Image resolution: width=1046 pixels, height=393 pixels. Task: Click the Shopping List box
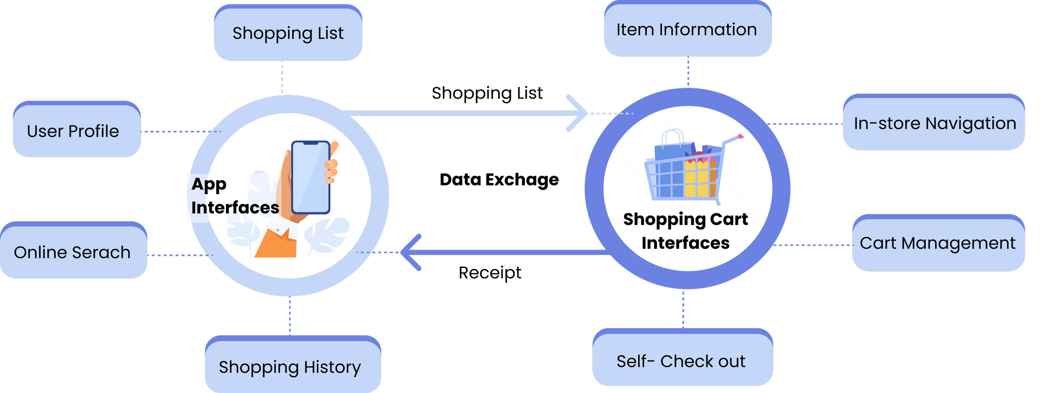[x=288, y=33]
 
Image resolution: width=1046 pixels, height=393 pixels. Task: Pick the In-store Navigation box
[x=934, y=124]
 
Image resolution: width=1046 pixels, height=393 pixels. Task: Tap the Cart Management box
[x=938, y=243]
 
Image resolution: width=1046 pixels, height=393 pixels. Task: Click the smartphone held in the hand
[x=310, y=177]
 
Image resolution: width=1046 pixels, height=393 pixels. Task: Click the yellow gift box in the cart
[x=697, y=178]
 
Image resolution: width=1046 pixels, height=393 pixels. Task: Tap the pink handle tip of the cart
[x=741, y=136]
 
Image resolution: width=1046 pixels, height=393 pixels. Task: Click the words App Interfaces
[x=234, y=196]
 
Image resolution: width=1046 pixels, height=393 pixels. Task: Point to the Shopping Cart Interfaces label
[x=685, y=231]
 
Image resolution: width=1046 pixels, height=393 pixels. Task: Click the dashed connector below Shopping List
[x=282, y=77]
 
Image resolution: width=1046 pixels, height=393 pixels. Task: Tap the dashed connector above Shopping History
[x=290, y=316]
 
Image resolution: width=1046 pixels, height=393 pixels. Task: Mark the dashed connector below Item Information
[x=688, y=71]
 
